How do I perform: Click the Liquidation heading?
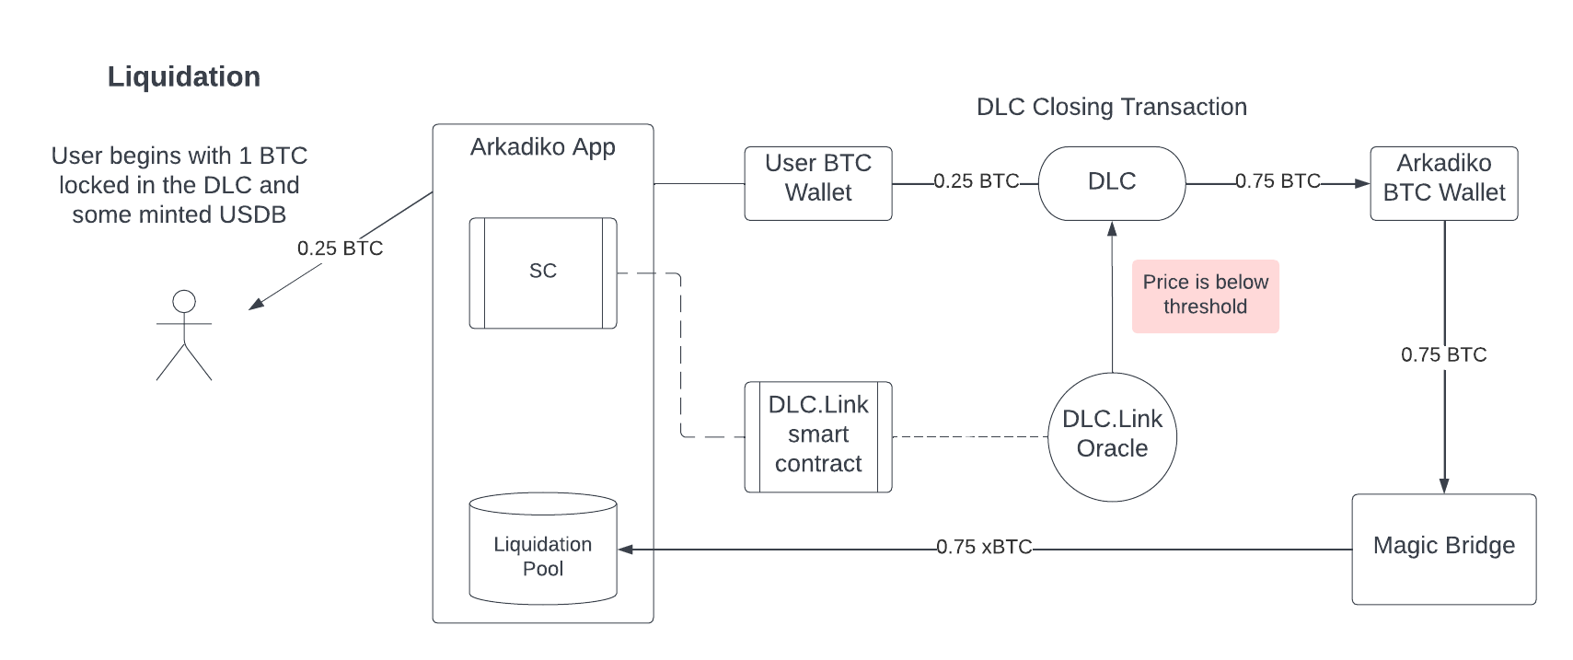click(x=184, y=76)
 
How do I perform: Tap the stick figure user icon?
click(x=184, y=335)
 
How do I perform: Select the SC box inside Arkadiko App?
click(x=543, y=273)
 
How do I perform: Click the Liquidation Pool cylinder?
click(x=543, y=549)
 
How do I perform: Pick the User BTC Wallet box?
click(x=818, y=183)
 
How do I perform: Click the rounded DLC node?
click(x=1112, y=183)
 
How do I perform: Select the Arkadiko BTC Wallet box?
click(x=1444, y=183)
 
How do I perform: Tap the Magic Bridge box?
click(x=1444, y=549)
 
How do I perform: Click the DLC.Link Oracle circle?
click(x=1112, y=436)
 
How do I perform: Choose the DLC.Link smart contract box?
click(x=818, y=436)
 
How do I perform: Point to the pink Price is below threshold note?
click(x=1205, y=296)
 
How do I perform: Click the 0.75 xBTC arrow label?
click(x=984, y=547)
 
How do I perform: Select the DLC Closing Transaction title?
click(x=1112, y=107)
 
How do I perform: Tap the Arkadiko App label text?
click(x=543, y=146)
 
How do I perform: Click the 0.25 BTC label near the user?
click(x=340, y=249)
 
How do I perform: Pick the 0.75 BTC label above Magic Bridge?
click(x=1444, y=354)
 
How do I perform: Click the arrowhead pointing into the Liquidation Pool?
click(x=625, y=549)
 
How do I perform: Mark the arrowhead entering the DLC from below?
click(x=1112, y=228)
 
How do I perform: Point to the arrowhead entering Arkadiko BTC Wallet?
click(x=1362, y=183)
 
